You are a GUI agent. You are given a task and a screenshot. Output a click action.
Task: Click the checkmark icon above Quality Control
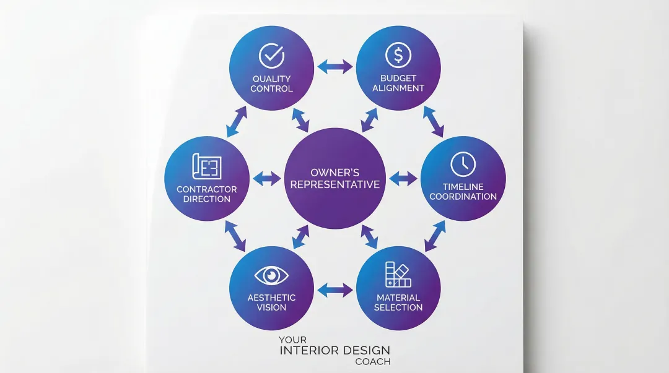coord(271,56)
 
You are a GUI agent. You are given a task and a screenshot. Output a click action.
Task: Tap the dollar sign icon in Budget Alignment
coord(398,55)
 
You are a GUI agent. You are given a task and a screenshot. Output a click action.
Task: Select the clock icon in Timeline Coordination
coord(463,164)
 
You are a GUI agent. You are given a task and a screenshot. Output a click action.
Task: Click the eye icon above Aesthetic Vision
coord(271,275)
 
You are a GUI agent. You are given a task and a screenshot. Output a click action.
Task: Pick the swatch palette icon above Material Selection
coord(398,275)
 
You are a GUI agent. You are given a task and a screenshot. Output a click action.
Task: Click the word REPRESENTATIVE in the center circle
coord(335,184)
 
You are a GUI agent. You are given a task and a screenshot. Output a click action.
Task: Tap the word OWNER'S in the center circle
coord(335,172)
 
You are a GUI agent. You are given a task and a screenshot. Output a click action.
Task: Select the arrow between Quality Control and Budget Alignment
coord(335,67)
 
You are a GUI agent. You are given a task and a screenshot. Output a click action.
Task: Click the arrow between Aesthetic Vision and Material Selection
coord(335,289)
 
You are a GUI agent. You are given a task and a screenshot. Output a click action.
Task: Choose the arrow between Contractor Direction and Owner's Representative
coord(267,179)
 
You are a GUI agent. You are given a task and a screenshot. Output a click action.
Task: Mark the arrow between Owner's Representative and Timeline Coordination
coord(403,179)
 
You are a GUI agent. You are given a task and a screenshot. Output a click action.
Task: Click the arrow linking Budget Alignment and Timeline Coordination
coord(434,121)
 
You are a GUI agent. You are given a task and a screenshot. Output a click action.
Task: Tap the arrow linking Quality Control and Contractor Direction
coord(237,121)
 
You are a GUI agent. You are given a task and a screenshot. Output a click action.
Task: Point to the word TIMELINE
coord(463,187)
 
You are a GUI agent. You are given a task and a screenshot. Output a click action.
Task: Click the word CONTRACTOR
coord(207,189)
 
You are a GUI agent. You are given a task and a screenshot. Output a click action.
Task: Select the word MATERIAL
coord(398,298)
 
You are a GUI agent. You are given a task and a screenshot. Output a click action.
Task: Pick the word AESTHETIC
coord(271,298)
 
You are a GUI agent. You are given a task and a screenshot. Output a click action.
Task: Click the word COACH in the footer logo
coord(373,362)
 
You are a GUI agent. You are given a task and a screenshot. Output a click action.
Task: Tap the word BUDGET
coord(398,79)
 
